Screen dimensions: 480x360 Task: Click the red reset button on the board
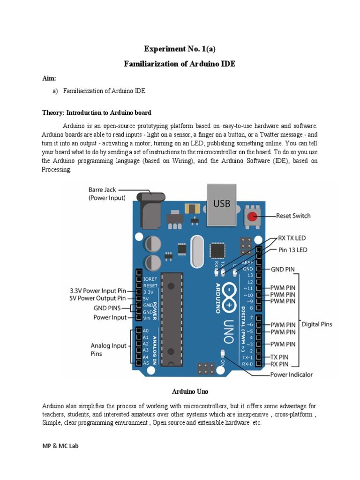coord(252,217)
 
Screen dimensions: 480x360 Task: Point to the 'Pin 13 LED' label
coord(293,250)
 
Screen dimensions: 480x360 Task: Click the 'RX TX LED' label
coord(292,238)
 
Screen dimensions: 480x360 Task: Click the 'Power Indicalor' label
coord(292,375)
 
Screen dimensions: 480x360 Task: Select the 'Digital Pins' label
coord(316,324)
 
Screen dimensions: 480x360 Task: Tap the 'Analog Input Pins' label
coord(108,350)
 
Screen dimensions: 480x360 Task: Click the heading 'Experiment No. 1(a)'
coord(180,49)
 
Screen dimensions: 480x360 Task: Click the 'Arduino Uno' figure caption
coord(180,391)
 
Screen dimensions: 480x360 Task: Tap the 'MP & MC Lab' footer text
coord(60,446)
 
